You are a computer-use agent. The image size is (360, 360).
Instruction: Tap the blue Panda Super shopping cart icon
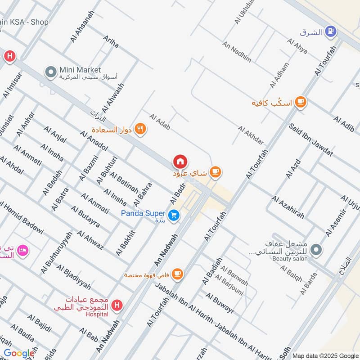pos(175,216)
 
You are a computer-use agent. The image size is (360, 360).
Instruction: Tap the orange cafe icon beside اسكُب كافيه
pos(301,103)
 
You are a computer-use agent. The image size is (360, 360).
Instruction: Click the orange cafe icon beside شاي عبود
pos(216,171)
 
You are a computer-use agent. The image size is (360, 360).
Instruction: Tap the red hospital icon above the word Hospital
pos(117,306)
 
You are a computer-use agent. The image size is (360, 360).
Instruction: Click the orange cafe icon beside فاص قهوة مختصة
pos(177,274)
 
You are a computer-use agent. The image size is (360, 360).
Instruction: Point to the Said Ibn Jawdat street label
pos(311,140)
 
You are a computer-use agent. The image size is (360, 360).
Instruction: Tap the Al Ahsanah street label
pos(82,27)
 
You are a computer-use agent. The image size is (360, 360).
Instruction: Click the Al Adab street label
pos(160,121)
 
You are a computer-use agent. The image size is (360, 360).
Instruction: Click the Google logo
pos(19,354)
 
